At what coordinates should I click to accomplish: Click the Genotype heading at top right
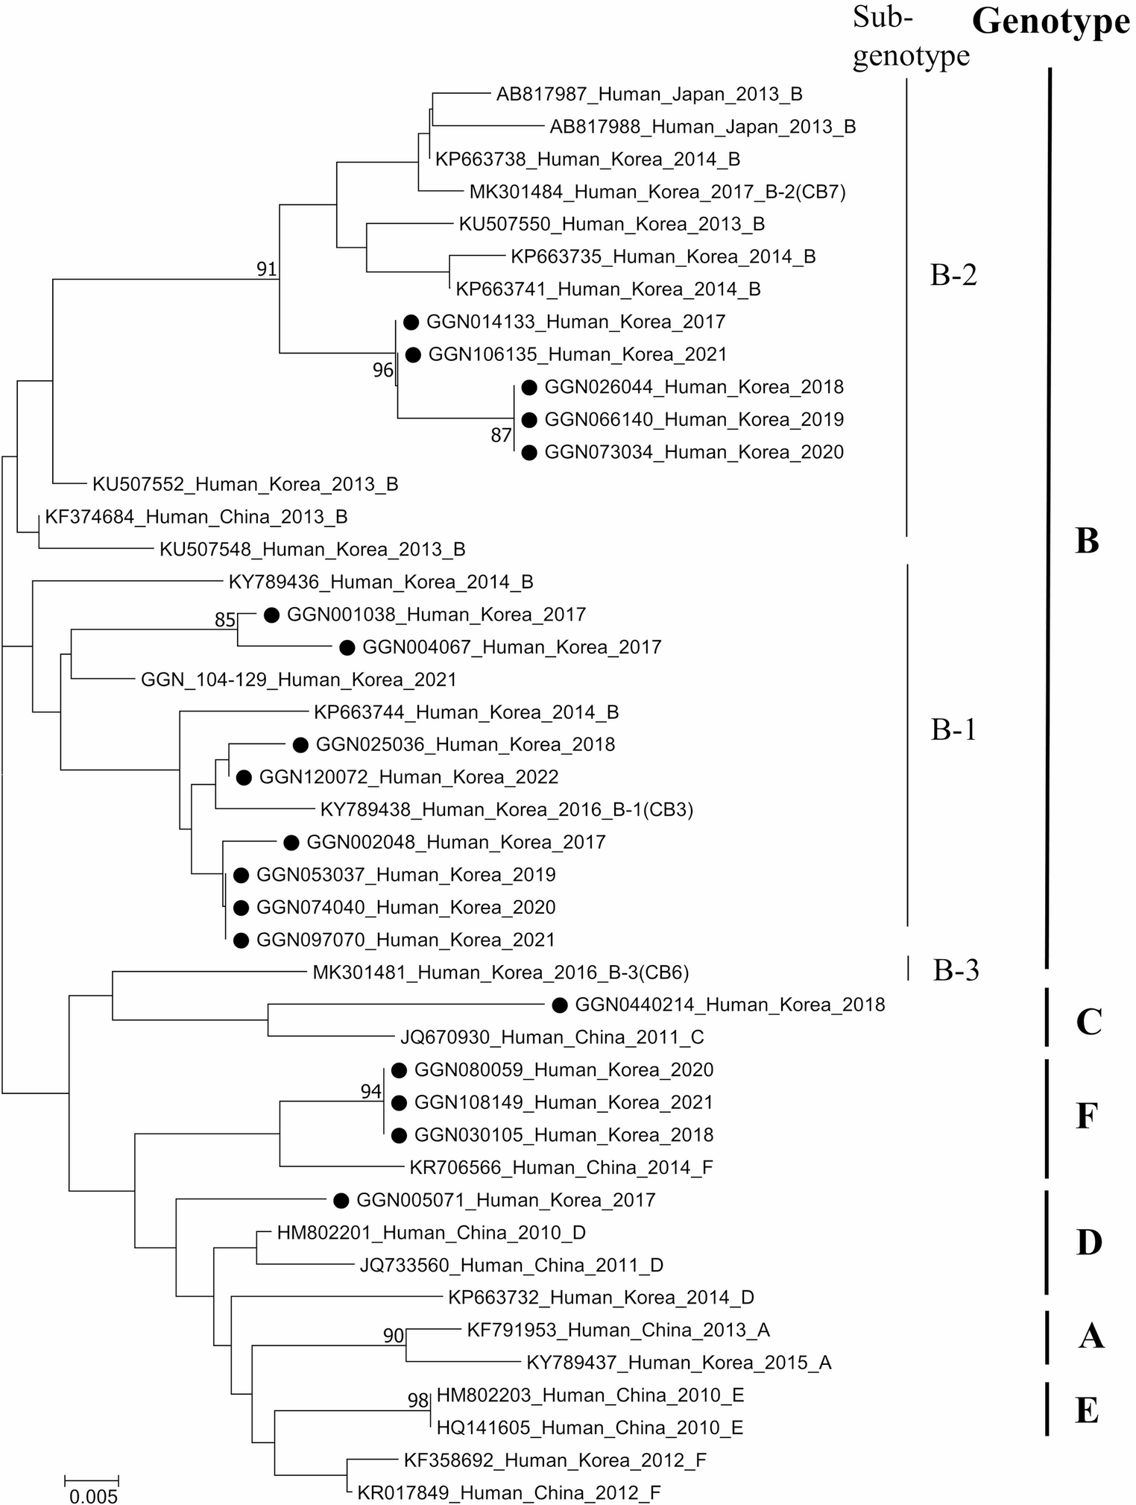1051,22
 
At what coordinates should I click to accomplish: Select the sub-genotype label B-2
953,275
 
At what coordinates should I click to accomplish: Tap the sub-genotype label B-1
953,729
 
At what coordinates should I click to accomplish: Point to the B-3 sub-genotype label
956,970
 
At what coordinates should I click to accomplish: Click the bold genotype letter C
1088,1021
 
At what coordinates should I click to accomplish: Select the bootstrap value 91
267,269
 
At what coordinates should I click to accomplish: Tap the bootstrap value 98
418,1400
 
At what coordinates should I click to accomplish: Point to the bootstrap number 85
225,620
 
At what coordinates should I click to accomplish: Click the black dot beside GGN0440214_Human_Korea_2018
560,1005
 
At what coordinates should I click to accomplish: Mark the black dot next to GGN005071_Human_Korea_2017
341,1200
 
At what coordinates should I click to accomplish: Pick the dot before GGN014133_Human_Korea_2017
411,322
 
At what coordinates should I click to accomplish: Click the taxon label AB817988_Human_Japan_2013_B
702,127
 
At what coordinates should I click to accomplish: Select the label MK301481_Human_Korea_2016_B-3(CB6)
500,973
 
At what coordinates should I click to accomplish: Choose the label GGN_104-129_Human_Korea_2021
298,679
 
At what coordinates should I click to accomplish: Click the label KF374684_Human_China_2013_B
196,517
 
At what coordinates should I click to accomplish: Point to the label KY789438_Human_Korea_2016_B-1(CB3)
507,809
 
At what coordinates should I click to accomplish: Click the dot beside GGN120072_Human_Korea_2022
244,777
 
